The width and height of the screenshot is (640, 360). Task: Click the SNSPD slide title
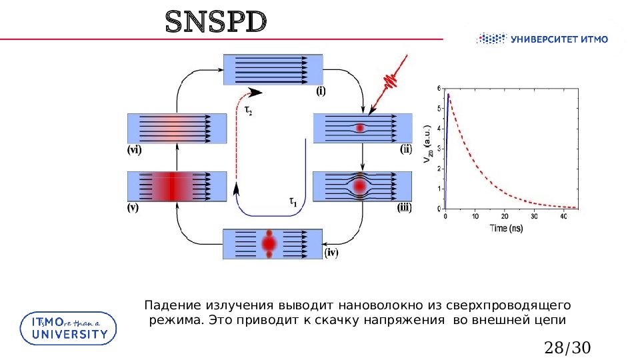coord(216,23)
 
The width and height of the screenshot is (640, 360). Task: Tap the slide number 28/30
coord(568,347)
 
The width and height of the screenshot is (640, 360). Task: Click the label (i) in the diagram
coord(321,92)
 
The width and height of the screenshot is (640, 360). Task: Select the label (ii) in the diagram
coord(407,150)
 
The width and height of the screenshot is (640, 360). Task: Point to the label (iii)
coord(405,207)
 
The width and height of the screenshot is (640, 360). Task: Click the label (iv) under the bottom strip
coord(331,253)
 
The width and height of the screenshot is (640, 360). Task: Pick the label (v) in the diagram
coord(133,207)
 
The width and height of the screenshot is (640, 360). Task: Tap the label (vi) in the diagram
coord(134,151)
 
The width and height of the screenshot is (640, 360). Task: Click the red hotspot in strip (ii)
coord(361,128)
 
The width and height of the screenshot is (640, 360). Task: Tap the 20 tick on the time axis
coord(505,216)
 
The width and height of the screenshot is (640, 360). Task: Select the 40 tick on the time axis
coord(563,216)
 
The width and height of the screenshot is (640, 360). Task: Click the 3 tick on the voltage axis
coord(439,149)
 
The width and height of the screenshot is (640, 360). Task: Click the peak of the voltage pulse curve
coord(448,95)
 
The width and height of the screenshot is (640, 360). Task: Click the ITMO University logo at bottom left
coord(68,328)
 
